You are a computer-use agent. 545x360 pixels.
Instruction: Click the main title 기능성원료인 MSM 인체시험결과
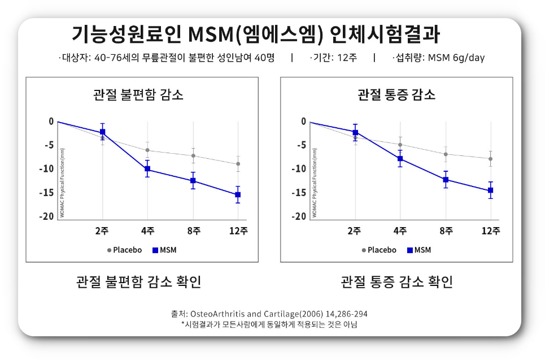tap(256, 34)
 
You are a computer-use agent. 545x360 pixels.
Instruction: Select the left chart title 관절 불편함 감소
tap(138, 94)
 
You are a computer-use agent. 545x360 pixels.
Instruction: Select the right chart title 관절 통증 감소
tap(396, 94)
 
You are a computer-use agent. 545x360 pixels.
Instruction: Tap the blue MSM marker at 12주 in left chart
tap(238, 194)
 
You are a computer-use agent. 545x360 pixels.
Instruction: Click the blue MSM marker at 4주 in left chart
tap(147, 169)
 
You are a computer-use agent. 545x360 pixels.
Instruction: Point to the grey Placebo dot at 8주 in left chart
tap(193, 156)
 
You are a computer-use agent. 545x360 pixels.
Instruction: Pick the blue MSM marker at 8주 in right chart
tap(446, 180)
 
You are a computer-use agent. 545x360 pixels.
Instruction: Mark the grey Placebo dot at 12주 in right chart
tap(490, 159)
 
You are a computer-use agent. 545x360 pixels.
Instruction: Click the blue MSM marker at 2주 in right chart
tap(355, 133)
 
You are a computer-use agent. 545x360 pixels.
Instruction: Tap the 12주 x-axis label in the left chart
tap(238, 231)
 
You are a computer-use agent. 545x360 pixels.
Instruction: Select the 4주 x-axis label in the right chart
tap(400, 231)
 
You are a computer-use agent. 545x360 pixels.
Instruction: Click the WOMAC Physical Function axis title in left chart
tap(63, 183)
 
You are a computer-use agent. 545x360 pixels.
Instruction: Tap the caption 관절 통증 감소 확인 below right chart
tap(396, 281)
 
